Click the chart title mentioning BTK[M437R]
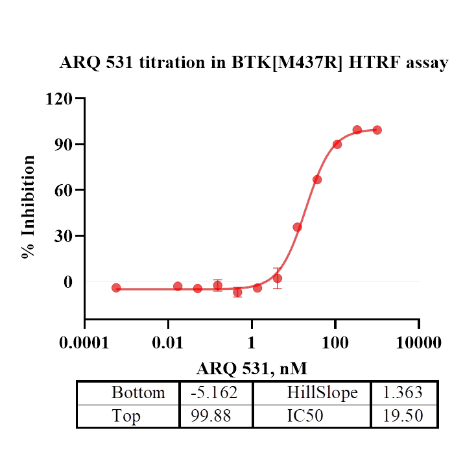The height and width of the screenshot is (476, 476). click(x=254, y=64)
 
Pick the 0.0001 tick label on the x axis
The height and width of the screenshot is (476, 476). click(x=85, y=342)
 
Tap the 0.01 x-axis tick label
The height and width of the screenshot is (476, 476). click(x=168, y=342)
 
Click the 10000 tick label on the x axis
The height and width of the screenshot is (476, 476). click(x=418, y=342)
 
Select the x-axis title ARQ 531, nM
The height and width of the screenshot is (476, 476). click(x=252, y=368)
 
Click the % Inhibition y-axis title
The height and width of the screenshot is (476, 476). click(x=28, y=206)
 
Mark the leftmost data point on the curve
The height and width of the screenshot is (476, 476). click(x=116, y=287)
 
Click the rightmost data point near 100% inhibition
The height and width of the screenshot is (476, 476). click(x=377, y=130)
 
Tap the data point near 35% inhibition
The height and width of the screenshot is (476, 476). click(x=297, y=227)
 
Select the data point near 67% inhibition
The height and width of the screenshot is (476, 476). click(x=317, y=180)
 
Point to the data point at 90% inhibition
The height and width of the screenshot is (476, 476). click(x=337, y=144)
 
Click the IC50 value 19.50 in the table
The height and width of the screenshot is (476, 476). click(x=404, y=416)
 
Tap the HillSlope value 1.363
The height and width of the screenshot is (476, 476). click(x=404, y=393)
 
